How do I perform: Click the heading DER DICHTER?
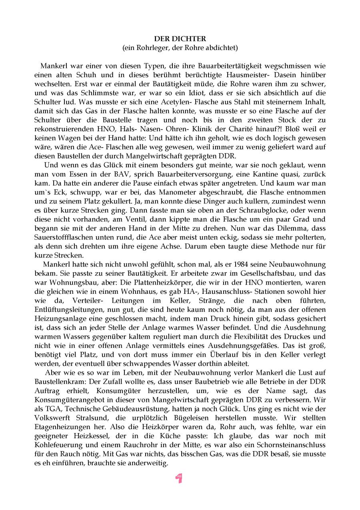[x=180, y=39]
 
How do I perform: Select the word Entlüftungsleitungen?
[x=67, y=309]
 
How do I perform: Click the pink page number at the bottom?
[x=179, y=478]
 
